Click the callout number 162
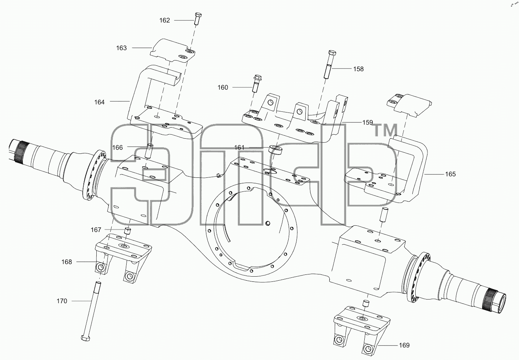point(165,20)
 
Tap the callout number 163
point(121,48)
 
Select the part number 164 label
point(99,102)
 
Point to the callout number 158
point(358,69)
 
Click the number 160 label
point(223,87)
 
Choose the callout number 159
point(368,122)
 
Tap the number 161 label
point(239,148)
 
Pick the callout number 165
point(450,174)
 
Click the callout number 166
point(117,148)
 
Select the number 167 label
point(96,230)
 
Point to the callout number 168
point(67,262)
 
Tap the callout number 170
point(62,301)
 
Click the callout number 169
point(404,345)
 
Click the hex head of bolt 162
point(197,16)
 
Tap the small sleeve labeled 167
point(127,231)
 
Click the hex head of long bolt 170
point(86,338)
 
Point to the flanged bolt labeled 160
point(256,83)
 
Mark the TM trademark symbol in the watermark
point(386,130)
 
